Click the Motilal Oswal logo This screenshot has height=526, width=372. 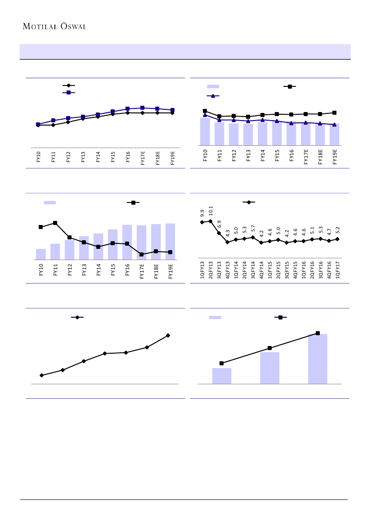pos(54,26)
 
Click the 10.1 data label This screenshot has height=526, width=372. pos(211,211)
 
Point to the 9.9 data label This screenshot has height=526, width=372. pos(202,213)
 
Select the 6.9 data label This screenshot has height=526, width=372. pos(219,224)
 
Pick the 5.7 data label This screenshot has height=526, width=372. pos(253,228)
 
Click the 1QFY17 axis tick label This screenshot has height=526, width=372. pos(337,270)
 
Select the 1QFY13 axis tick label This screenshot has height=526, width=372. pos(202,270)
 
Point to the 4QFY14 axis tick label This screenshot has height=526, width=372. pos(261,270)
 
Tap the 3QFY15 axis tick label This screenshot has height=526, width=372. pos(287,270)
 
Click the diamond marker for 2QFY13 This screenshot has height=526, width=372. pos(211,221)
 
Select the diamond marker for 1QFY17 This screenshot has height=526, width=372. pos(337,239)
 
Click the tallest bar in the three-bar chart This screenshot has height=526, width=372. pos(318,359)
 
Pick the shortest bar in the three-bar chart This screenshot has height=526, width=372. pos(222,376)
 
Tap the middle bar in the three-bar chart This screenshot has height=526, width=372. pos(269,368)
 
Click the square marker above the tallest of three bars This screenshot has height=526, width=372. pos(318,333)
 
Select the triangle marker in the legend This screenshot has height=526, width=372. pos(213,96)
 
